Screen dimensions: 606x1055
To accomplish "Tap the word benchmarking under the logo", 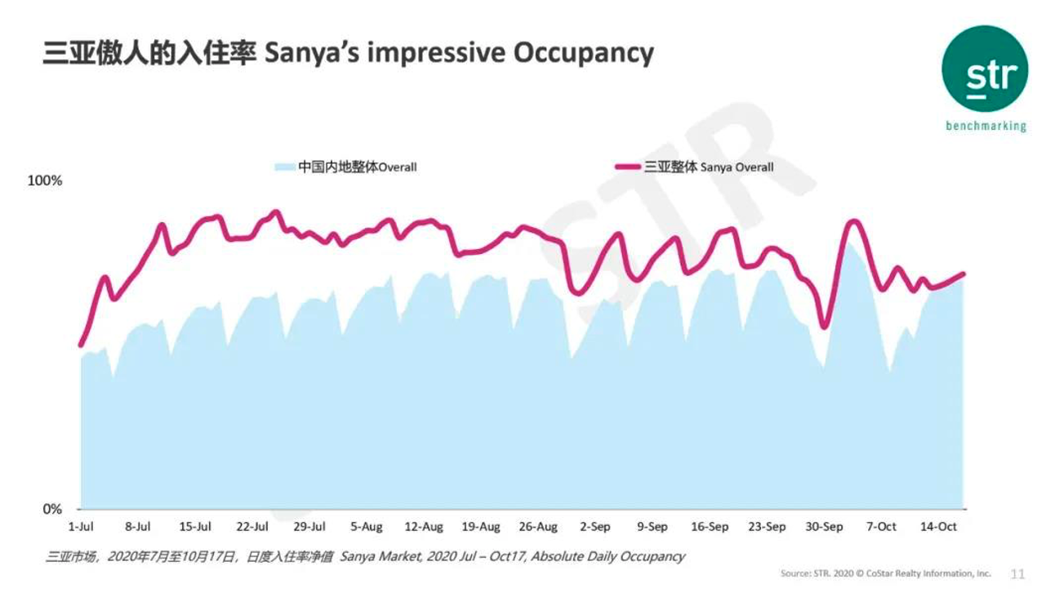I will pyautogui.click(x=985, y=127).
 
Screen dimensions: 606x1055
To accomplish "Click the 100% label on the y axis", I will pyautogui.click(x=45, y=180).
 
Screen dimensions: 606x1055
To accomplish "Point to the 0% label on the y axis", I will pyautogui.click(x=51, y=510).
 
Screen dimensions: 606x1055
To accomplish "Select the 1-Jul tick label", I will pyautogui.click(x=81, y=527).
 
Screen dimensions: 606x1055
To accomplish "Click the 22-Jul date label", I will pyautogui.click(x=252, y=527).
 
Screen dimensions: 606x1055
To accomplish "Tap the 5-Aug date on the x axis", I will pyautogui.click(x=367, y=527).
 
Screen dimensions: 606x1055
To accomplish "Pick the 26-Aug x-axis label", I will pyautogui.click(x=538, y=527).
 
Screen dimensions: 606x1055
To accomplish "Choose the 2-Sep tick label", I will pyautogui.click(x=595, y=527).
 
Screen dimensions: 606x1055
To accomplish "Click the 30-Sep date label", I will pyautogui.click(x=824, y=527).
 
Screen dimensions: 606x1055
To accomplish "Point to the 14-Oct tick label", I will pyautogui.click(x=938, y=527).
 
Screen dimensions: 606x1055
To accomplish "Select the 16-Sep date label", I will pyautogui.click(x=710, y=527).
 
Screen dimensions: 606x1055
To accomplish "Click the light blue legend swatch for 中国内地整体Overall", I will pyautogui.click(x=284, y=167).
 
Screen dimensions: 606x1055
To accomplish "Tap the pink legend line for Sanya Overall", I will pyautogui.click(x=627, y=167).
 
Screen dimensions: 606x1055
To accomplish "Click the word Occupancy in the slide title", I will pyautogui.click(x=583, y=53).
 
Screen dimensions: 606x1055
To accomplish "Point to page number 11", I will pyautogui.click(x=1017, y=574).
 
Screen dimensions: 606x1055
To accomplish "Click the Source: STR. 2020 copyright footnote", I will pyautogui.click(x=885, y=574).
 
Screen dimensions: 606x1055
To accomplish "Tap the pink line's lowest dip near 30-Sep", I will pyautogui.click(x=824, y=327).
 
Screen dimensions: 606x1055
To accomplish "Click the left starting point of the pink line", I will pyautogui.click(x=81, y=345).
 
